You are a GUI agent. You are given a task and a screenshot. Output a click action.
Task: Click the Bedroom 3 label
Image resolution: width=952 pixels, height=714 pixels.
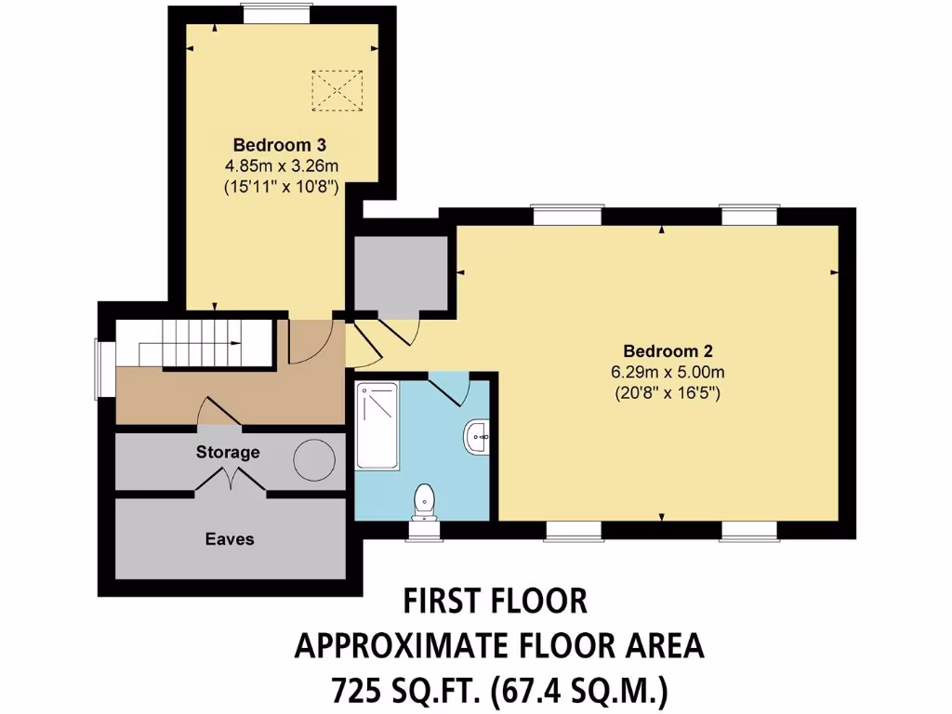(279, 145)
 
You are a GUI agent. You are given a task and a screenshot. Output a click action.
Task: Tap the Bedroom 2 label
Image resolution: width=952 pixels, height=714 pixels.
(668, 351)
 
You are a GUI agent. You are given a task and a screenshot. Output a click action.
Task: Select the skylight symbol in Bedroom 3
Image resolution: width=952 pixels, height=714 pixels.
(337, 90)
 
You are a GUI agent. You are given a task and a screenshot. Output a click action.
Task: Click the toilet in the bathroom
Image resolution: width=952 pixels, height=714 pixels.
(425, 501)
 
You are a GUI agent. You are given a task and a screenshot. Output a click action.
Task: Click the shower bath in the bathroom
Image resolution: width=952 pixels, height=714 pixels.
(377, 426)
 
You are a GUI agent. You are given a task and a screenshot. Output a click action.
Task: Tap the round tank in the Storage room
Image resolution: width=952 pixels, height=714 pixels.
(313, 458)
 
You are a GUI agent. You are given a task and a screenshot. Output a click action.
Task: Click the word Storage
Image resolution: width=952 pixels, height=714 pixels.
(227, 453)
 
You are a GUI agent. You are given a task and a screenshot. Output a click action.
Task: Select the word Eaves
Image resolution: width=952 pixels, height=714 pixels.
(230, 538)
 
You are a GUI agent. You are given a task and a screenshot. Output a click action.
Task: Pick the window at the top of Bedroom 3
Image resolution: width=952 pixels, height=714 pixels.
(269, 12)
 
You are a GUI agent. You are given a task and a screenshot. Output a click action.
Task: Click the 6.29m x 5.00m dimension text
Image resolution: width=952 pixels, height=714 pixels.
(668, 372)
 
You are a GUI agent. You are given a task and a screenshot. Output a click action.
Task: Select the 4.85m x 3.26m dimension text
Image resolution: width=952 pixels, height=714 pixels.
(279, 165)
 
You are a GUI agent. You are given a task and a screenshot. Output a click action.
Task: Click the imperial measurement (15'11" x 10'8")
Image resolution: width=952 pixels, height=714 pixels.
(279, 186)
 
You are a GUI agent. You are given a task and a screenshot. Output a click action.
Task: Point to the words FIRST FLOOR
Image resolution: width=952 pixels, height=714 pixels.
(495, 602)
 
